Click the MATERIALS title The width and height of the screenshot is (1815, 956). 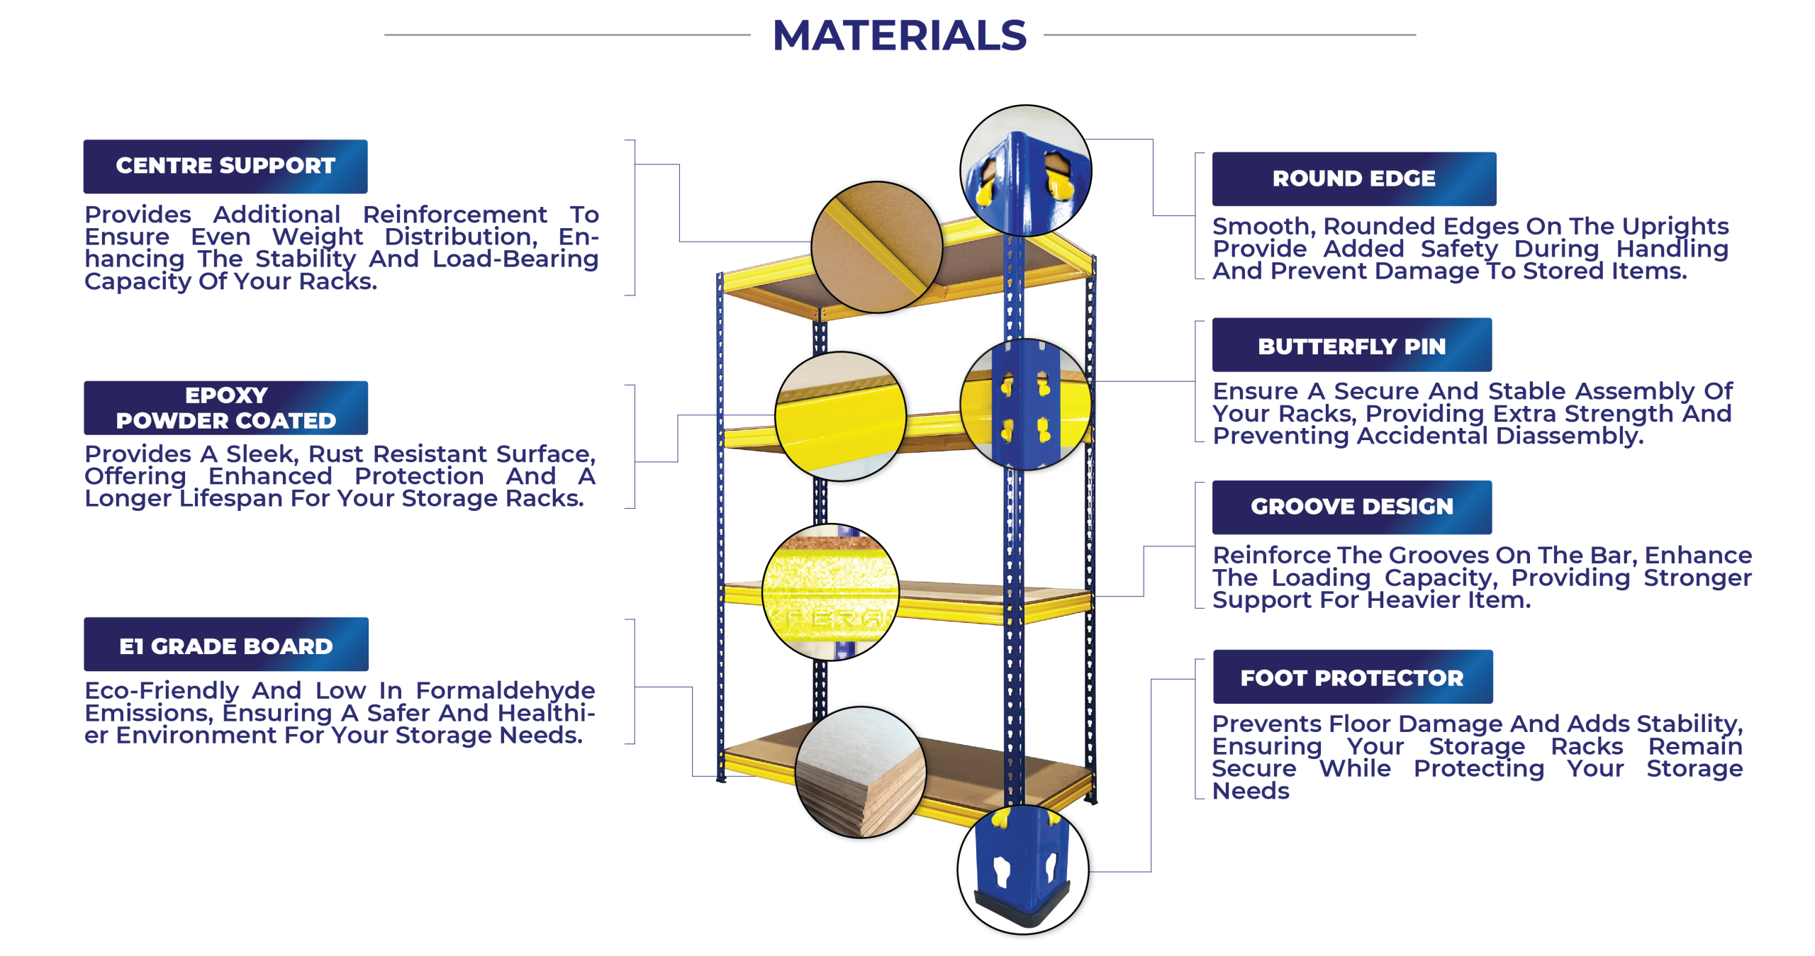(899, 35)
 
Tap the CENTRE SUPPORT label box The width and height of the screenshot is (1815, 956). (225, 167)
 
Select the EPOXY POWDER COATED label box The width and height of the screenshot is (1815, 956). (226, 407)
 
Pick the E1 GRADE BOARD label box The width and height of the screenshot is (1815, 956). (226, 644)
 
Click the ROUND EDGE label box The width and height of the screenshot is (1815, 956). (1354, 179)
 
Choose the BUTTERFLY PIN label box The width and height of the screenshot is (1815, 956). (1352, 345)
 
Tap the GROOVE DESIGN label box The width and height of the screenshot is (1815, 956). (1352, 507)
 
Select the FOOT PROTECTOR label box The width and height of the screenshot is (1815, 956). (1353, 677)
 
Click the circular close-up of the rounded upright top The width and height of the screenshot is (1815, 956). (1026, 171)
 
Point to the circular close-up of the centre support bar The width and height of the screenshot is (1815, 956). (877, 247)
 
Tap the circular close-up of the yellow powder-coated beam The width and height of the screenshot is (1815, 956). (841, 417)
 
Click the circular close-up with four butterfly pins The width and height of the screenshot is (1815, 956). (1026, 405)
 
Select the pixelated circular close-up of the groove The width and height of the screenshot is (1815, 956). (830, 592)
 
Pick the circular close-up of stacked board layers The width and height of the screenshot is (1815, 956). (861, 772)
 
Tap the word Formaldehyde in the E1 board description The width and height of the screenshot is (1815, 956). (505, 690)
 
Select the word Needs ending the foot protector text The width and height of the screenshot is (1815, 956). (1251, 790)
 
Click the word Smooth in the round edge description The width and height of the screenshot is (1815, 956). (1264, 226)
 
